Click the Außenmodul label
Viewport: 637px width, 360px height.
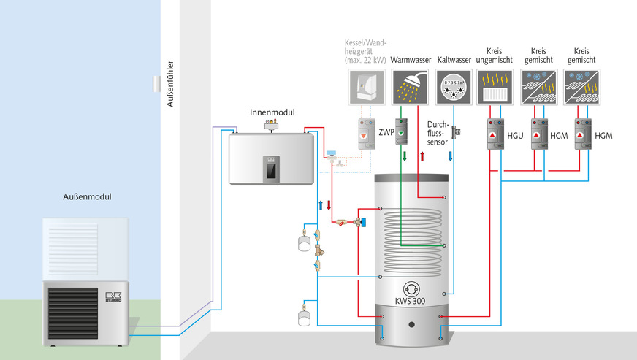tap(87, 196)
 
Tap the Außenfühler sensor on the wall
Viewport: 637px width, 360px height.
tap(156, 84)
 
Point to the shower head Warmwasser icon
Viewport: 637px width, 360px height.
tap(409, 88)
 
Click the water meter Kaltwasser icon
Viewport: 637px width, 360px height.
tap(452, 88)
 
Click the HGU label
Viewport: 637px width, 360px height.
tap(515, 137)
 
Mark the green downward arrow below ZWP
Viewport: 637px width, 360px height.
tap(404, 156)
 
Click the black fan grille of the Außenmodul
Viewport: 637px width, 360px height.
tap(71, 313)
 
